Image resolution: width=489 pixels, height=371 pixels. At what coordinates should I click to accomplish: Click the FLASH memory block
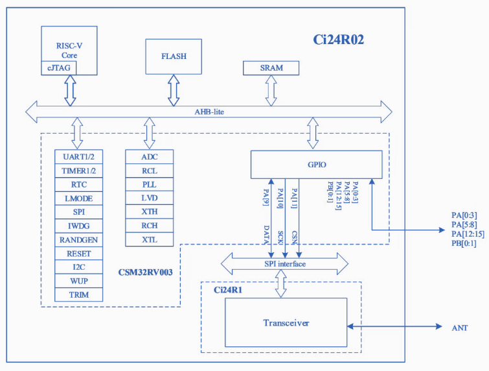click(x=173, y=56)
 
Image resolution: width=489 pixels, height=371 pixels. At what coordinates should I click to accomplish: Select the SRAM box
click(x=271, y=68)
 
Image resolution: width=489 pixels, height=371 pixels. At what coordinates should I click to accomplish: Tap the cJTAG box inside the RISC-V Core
click(x=56, y=67)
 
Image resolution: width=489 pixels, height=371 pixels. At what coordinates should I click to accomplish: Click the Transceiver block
click(x=286, y=323)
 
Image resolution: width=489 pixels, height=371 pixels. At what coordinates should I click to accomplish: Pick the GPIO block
click(x=316, y=164)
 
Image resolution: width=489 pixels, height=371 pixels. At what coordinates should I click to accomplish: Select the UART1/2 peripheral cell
click(x=78, y=157)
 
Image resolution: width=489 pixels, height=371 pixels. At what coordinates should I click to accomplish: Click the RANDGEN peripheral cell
click(x=78, y=239)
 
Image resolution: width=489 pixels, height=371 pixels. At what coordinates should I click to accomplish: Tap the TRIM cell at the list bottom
click(x=78, y=294)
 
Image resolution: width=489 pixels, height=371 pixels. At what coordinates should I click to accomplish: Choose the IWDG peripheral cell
click(x=78, y=226)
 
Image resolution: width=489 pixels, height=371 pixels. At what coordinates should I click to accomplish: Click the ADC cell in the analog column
click(x=149, y=157)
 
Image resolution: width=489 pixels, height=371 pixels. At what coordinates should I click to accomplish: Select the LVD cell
click(x=149, y=198)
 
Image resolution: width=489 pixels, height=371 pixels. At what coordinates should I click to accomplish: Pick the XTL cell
click(x=149, y=239)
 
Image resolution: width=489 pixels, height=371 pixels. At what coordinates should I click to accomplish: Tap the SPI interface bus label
click(x=284, y=264)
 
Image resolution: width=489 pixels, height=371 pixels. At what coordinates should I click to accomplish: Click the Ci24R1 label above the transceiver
click(x=227, y=290)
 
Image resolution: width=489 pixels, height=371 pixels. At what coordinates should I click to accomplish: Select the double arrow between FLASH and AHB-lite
click(x=173, y=90)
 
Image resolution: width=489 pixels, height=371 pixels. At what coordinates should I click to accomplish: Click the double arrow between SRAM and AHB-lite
click(x=271, y=90)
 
